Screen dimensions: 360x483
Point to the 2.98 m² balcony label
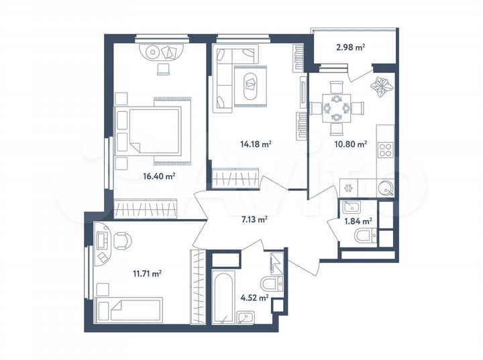(x=350, y=47)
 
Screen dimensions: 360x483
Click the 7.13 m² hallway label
(x=254, y=219)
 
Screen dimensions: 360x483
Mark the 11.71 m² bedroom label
(x=148, y=273)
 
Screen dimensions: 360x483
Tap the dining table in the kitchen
(x=336, y=106)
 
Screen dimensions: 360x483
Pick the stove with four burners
(x=387, y=149)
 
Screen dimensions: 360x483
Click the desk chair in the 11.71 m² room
(x=123, y=239)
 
